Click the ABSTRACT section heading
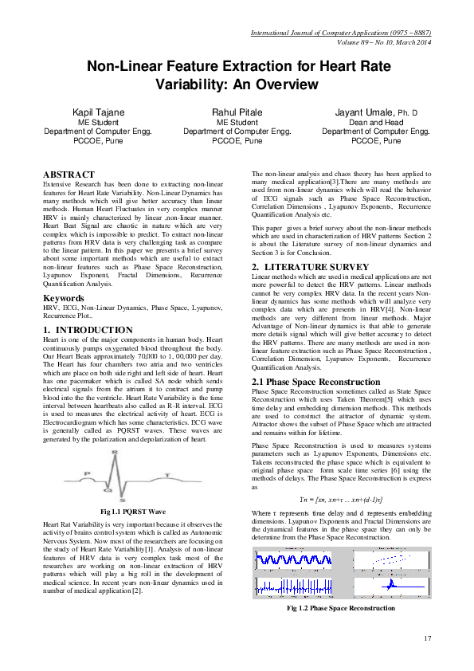click(69, 174)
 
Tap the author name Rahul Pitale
click(237, 112)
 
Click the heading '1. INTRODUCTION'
click(88, 329)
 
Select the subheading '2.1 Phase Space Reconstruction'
click(315, 383)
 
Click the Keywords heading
click(65, 298)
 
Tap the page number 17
click(427, 638)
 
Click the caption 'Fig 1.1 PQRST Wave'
click(133, 510)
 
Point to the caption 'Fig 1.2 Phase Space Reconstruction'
click(341, 608)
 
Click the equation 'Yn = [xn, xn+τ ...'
click(341, 496)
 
